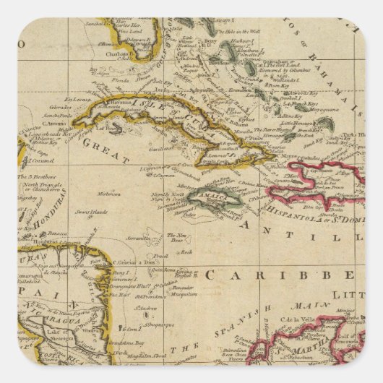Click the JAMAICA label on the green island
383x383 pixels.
tap(210, 197)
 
